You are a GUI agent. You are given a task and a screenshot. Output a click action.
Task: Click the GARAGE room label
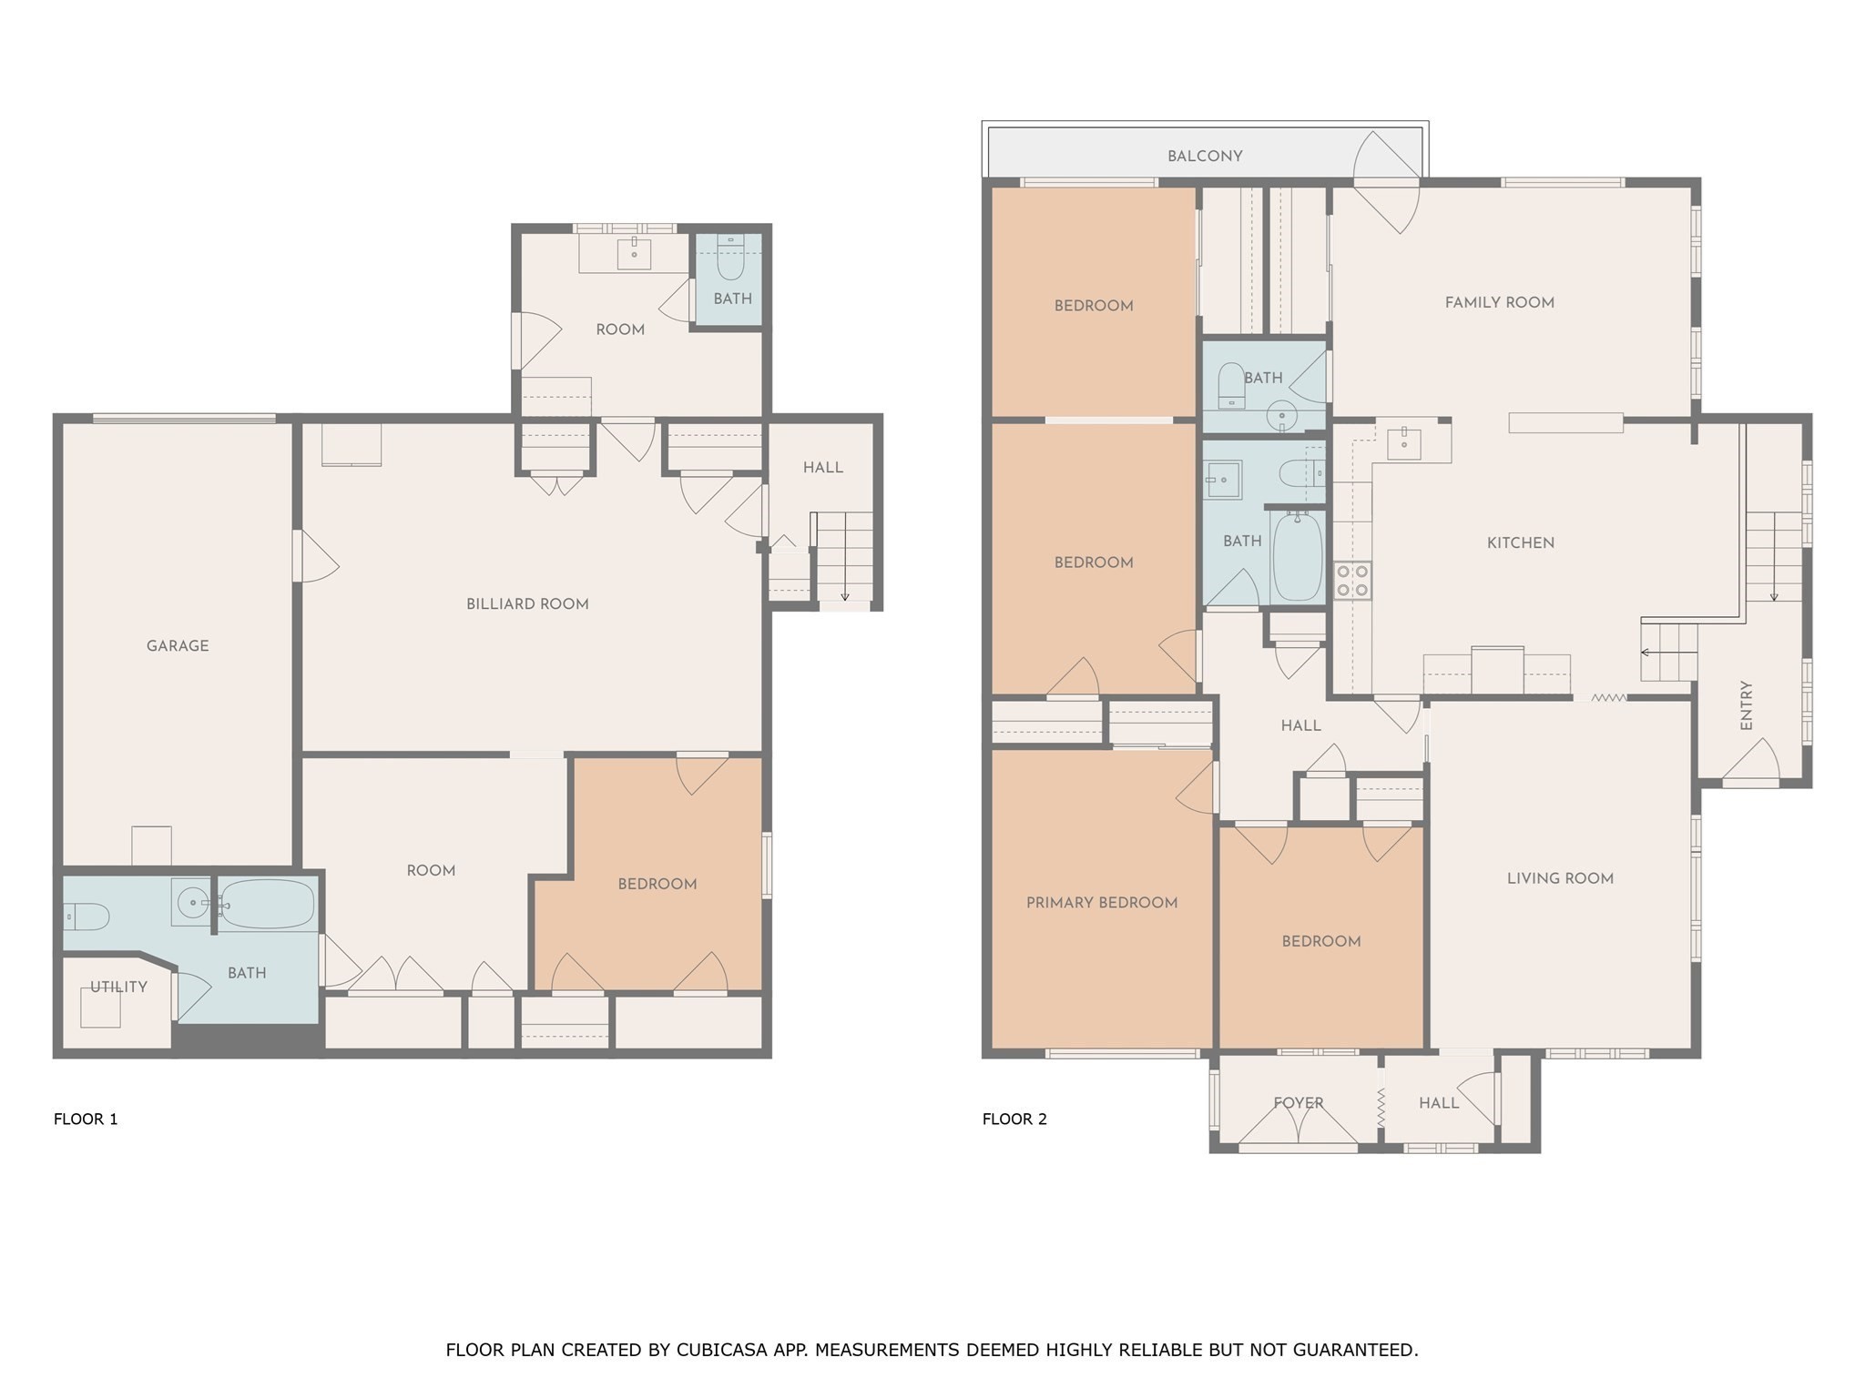[x=178, y=646]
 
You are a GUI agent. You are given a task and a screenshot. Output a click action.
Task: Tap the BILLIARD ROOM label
[x=527, y=604]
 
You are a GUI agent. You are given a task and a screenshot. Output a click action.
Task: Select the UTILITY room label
[x=118, y=987]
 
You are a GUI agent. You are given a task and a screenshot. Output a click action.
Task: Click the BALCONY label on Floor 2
[x=1205, y=157]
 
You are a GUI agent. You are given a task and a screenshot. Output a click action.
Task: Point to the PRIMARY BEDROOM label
[x=1102, y=903]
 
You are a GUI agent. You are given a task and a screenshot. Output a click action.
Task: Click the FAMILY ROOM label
[x=1499, y=303]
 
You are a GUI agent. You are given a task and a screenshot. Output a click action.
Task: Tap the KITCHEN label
[x=1520, y=543]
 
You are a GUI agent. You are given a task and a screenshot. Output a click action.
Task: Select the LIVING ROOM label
[x=1560, y=878]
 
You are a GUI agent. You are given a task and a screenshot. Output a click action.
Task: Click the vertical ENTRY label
[x=1746, y=705]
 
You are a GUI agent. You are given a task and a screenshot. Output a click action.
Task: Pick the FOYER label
[x=1298, y=1103]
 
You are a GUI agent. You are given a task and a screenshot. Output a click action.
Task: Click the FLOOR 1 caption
[x=86, y=1119]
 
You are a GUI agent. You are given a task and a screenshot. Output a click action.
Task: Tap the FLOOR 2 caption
[x=1014, y=1119]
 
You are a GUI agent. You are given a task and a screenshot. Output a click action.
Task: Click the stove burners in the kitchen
[x=1352, y=581]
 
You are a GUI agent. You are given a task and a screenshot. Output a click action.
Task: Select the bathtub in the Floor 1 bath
[x=267, y=904]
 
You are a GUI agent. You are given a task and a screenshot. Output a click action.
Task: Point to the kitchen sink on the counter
[x=1403, y=444]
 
